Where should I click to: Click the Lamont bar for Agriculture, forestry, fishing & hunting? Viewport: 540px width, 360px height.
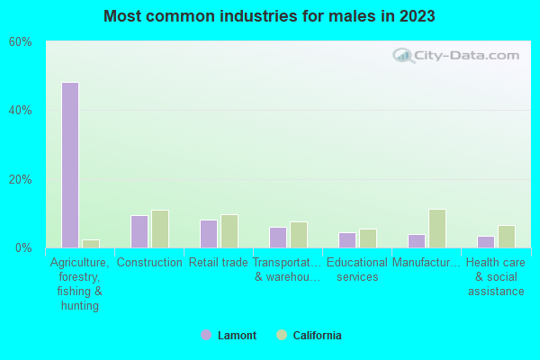tap(69, 165)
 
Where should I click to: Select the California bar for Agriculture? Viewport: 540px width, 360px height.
tap(91, 244)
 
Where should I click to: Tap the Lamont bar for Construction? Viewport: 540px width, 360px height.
tap(139, 231)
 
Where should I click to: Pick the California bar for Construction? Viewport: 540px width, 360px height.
tap(160, 229)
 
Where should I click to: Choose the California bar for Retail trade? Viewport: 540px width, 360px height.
tap(229, 231)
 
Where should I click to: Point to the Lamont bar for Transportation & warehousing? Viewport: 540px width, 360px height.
tap(277, 238)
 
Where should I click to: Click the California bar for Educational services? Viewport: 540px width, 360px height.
tap(368, 238)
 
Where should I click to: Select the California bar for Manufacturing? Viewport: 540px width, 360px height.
tap(437, 229)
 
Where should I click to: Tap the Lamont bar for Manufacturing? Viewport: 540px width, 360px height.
tap(416, 241)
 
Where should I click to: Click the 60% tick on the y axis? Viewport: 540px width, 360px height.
tap(20, 42)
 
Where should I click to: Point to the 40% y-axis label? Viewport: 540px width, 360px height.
tap(20, 111)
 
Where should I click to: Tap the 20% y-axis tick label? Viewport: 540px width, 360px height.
tap(20, 179)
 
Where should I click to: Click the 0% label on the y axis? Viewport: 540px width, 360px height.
tap(23, 247)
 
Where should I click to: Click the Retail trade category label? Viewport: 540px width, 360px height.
tap(218, 263)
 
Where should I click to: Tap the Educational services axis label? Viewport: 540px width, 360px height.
tap(357, 270)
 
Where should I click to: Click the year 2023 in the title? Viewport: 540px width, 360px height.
tap(418, 16)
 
